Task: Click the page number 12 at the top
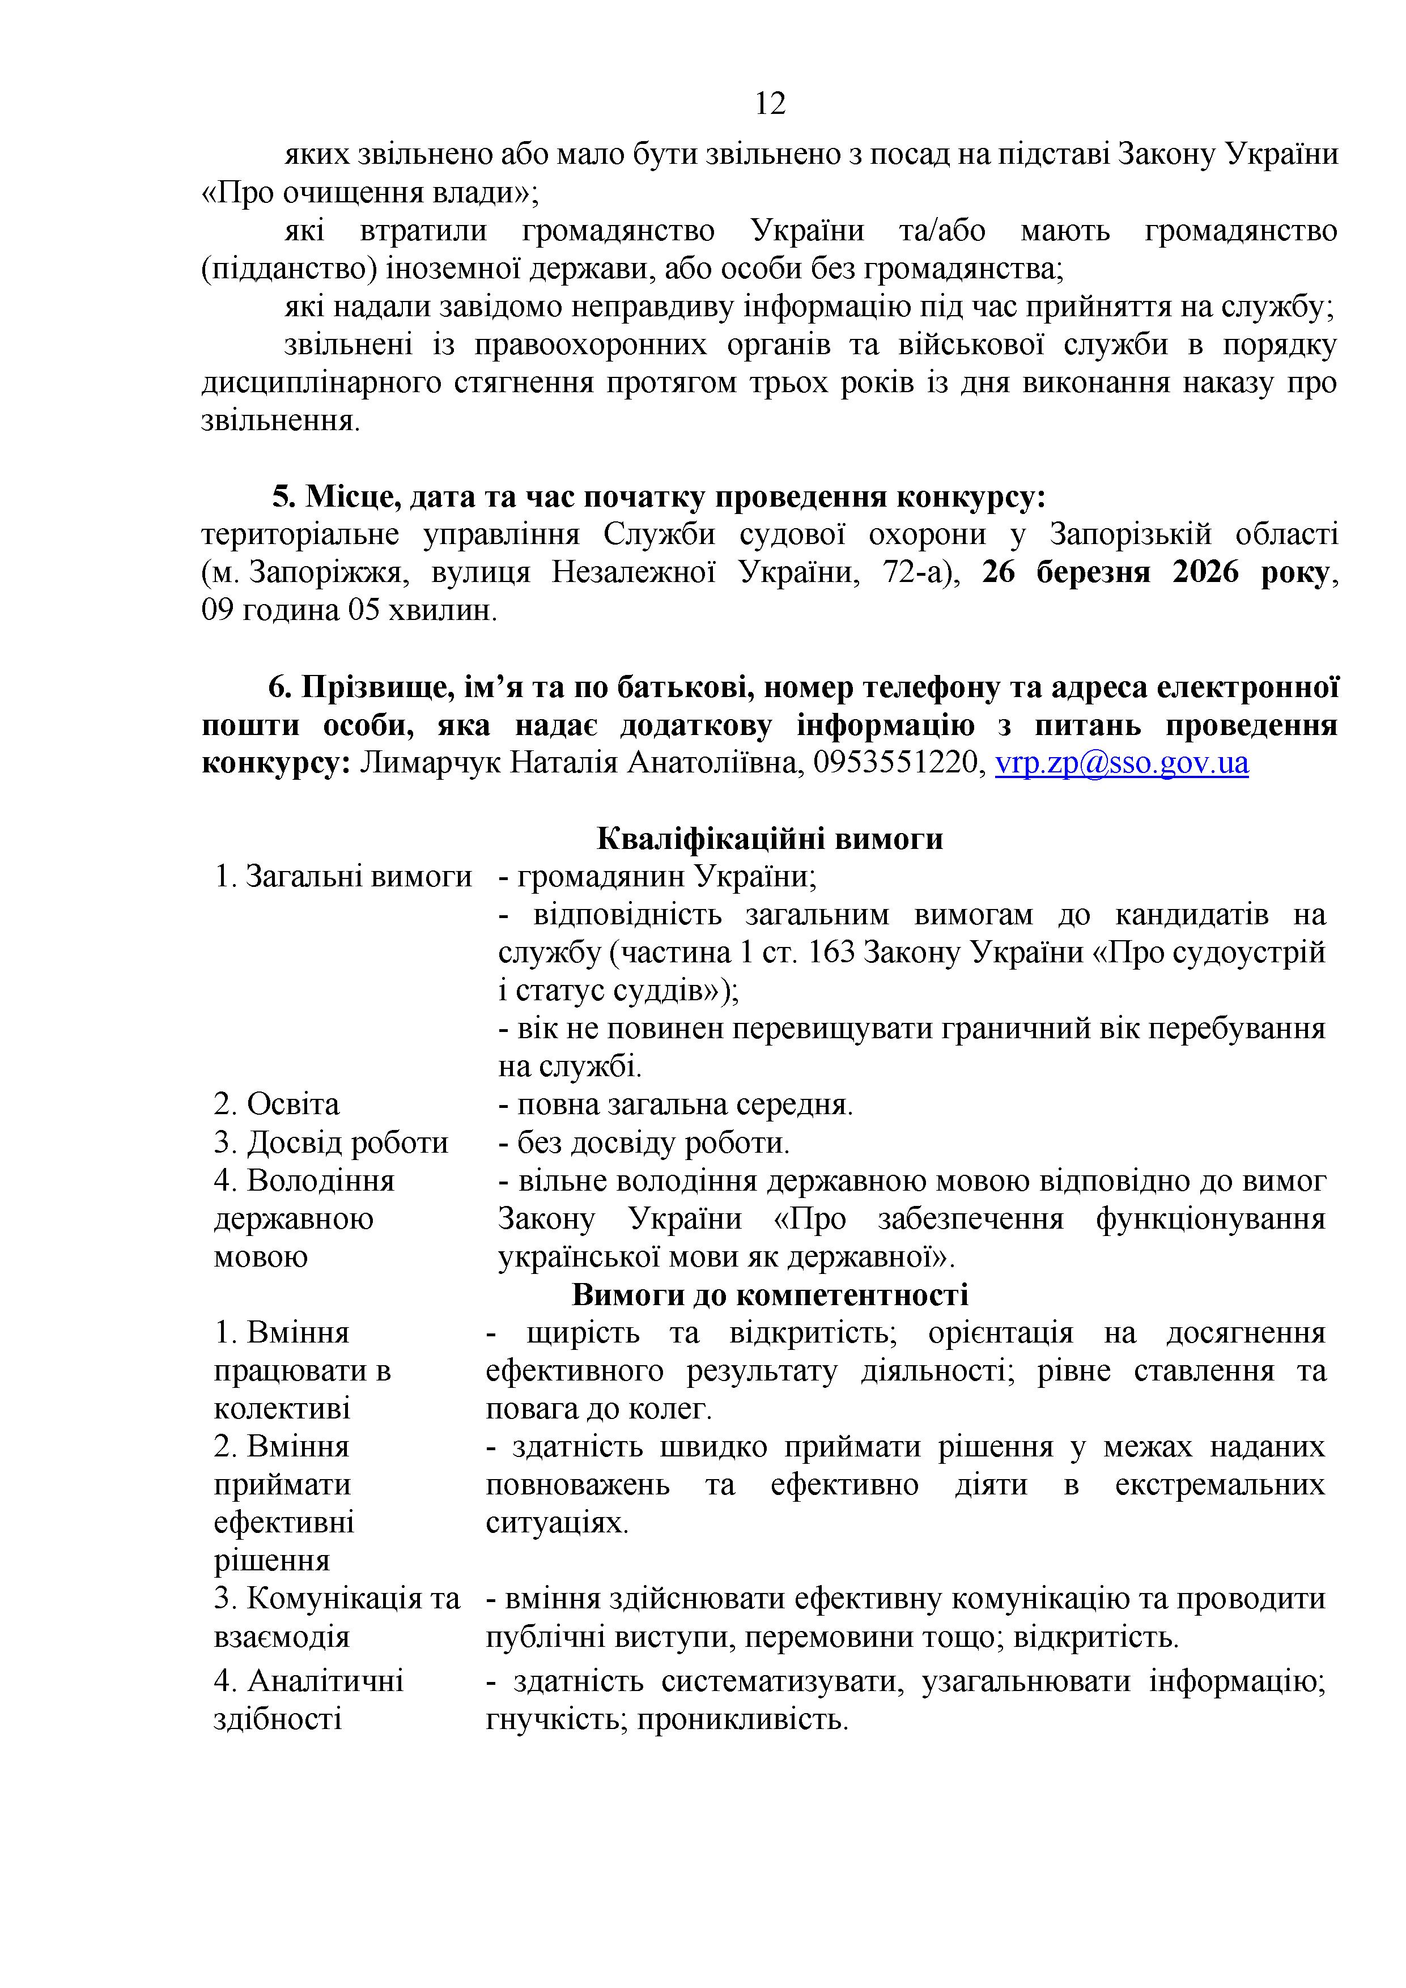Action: pos(770,104)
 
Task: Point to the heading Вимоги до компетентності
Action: pos(770,1294)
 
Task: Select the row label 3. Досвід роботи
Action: pos(332,1143)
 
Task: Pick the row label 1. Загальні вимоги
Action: pos(344,876)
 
